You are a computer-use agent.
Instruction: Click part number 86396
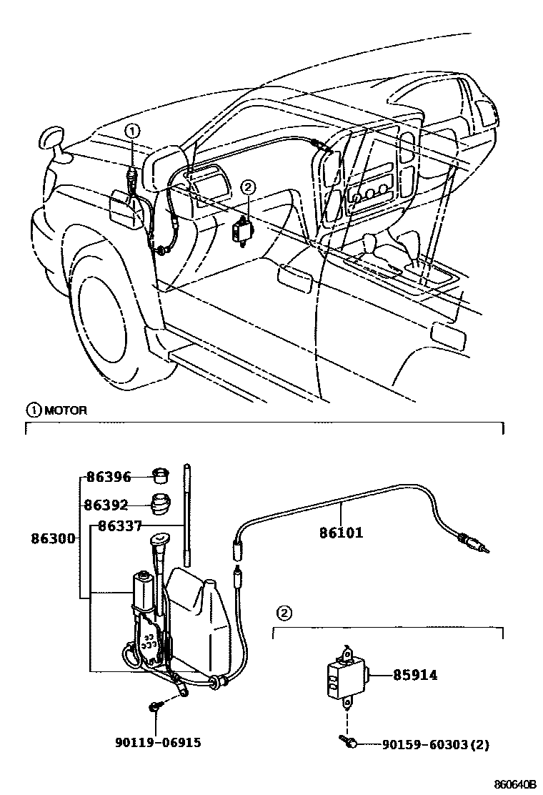[109, 477]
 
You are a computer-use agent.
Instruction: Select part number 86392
[106, 505]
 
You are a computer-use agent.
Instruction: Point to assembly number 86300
[53, 538]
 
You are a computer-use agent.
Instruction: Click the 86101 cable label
[341, 532]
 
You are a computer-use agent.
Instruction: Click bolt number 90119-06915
[157, 743]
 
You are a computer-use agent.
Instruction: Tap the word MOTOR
[66, 410]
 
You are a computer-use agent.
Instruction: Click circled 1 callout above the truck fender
[133, 130]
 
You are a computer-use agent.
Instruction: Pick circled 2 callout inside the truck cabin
[248, 187]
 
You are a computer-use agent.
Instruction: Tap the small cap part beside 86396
[162, 475]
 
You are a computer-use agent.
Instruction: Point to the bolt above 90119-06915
[155, 707]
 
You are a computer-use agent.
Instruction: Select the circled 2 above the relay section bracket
[284, 613]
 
